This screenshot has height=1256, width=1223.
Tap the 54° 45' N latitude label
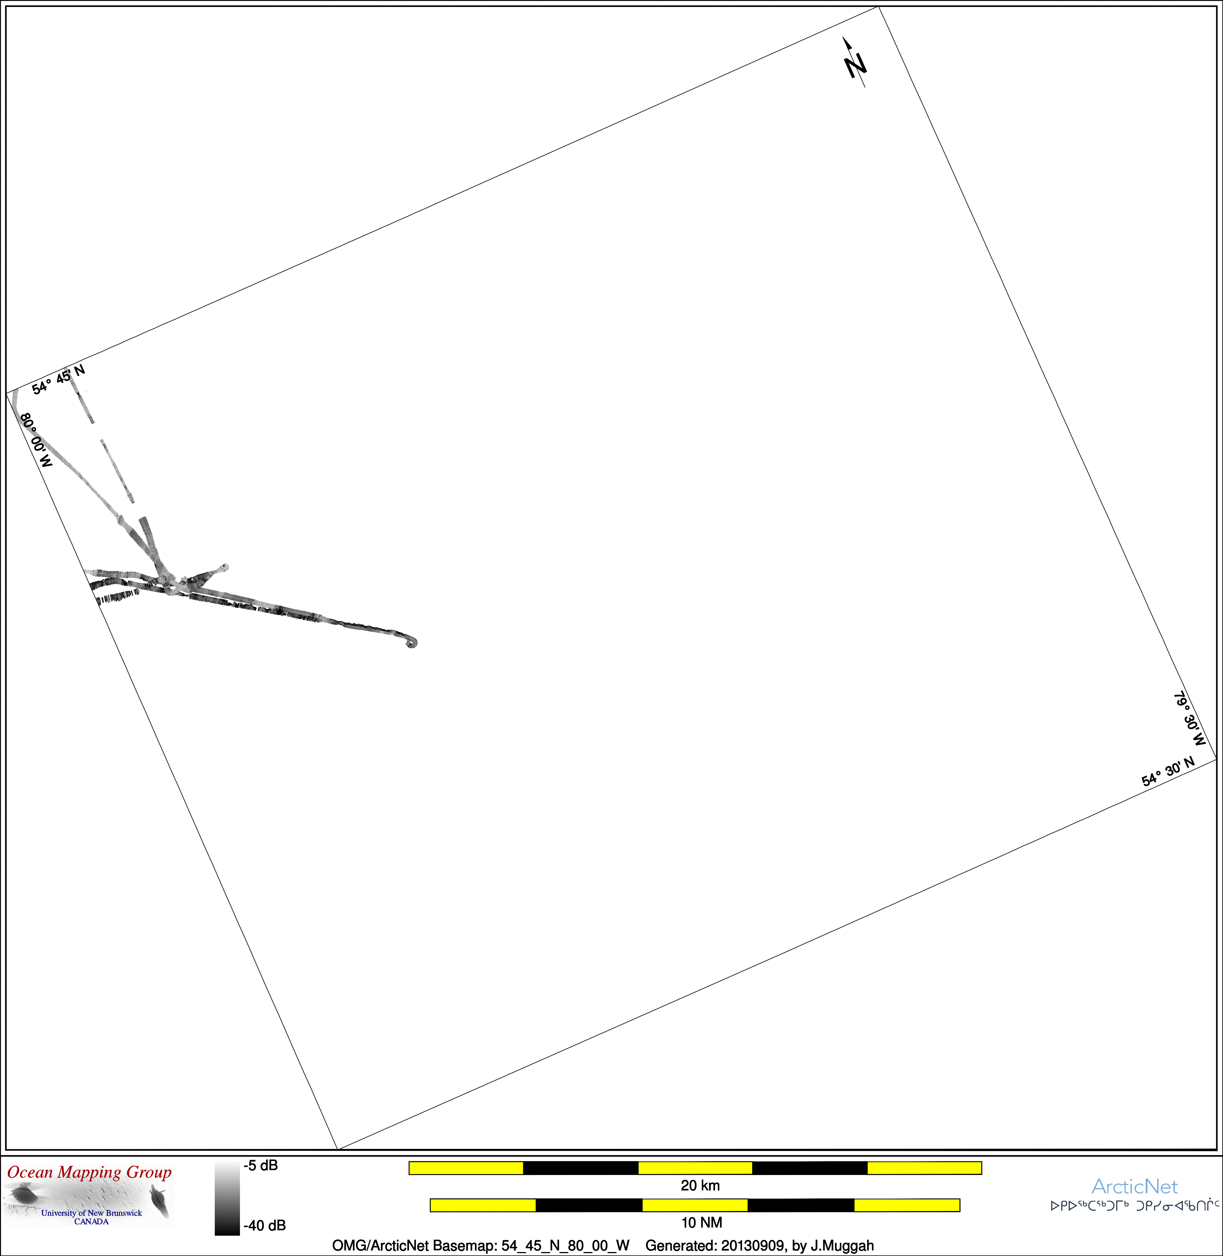pyautogui.click(x=58, y=379)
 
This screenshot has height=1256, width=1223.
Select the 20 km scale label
pyautogui.click(x=700, y=1185)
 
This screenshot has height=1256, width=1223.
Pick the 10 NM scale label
pyautogui.click(x=702, y=1222)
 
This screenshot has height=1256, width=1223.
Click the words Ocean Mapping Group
pyautogui.click(x=89, y=1172)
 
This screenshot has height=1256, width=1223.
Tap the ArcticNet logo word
pyautogui.click(x=1134, y=1187)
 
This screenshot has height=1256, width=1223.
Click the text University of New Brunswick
pyautogui.click(x=91, y=1213)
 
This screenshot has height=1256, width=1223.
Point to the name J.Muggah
pyautogui.click(x=842, y=1246)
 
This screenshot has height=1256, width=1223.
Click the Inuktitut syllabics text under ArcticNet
pyautogui.click(x=1134, y=1206)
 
